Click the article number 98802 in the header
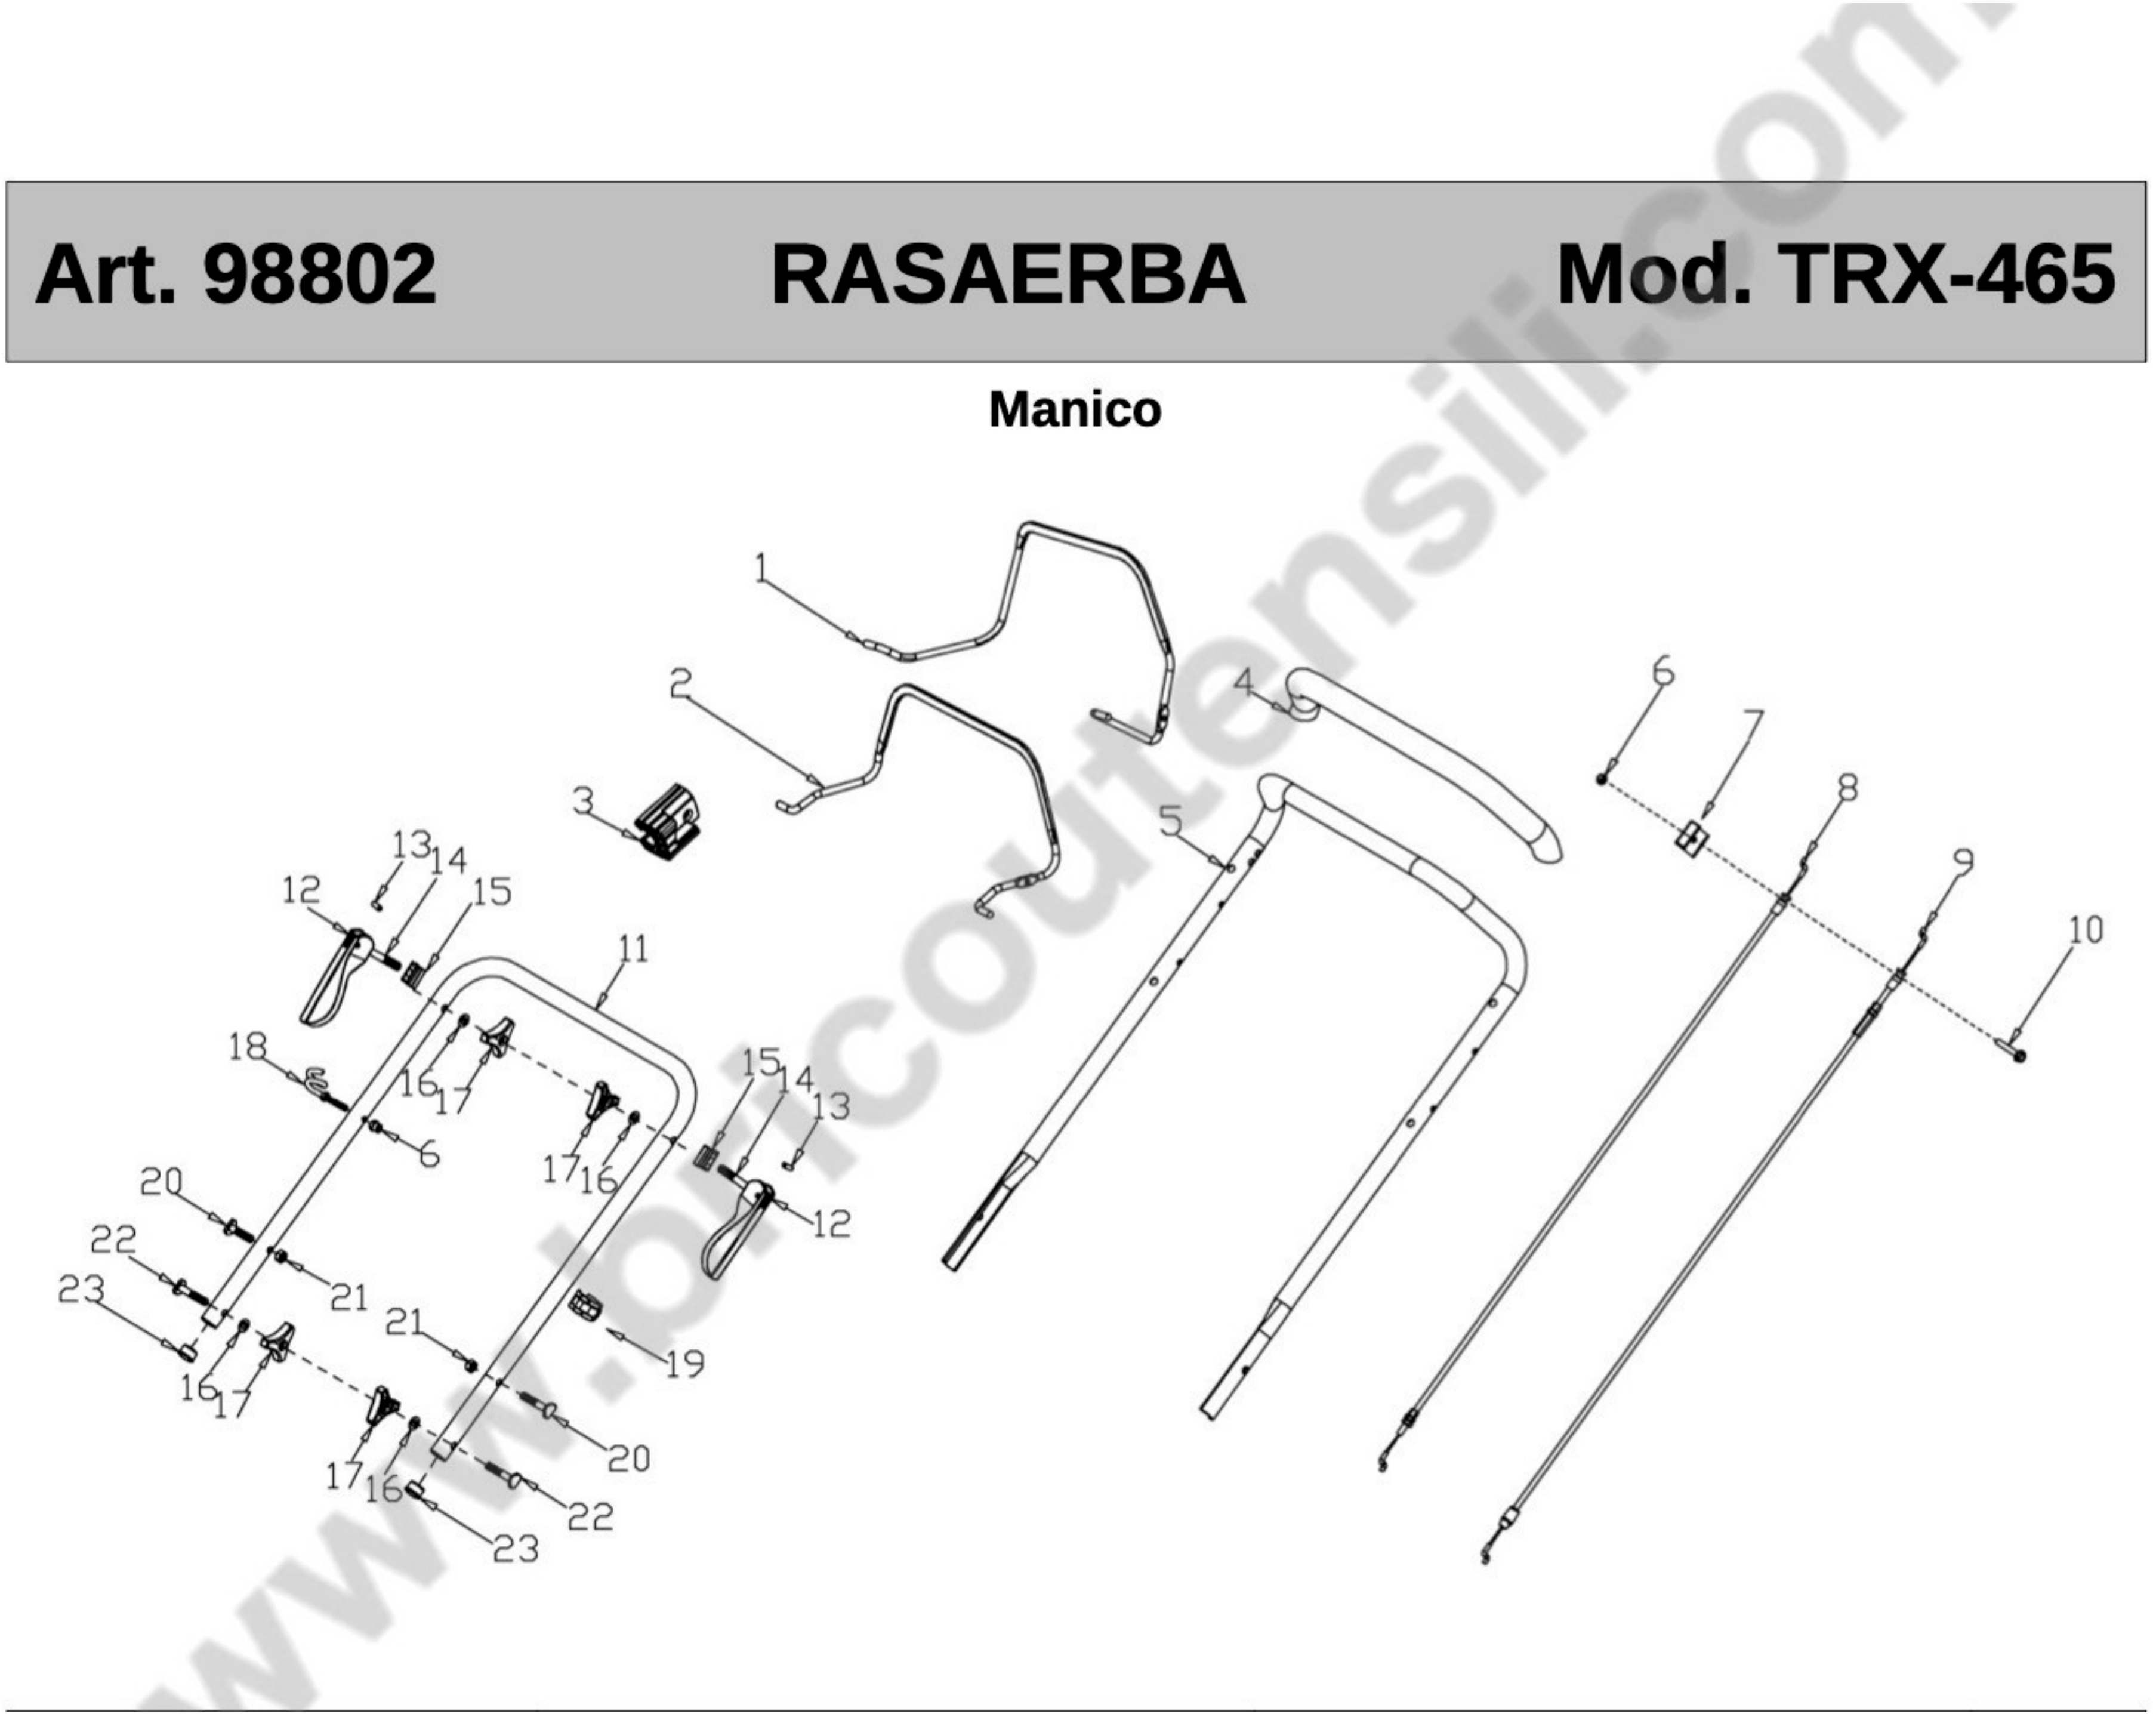pyautogui.click(x=320, y=275)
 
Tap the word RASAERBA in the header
pyautogui.click(x=1008, y=275)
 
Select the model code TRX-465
pyautogui.click(x=1947, y=275)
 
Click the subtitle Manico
pyautogui.click(x=1075, y=409)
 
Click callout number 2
pyautogui.click(x=681, y=684)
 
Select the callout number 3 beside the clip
pyautogui.click(x=583, y=800)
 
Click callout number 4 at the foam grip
pyautogui.click(x=1243, y=683)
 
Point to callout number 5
pyautogui.click(x=1170, y=821)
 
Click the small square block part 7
pyautogui.click(x=1690, y=837)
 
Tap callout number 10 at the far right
pyautogui.click(x=2085, y=929)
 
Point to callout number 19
pyautogui.click(x=685, y=1364)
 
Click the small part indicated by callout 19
pyautogui.click(x=585, y=1305)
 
